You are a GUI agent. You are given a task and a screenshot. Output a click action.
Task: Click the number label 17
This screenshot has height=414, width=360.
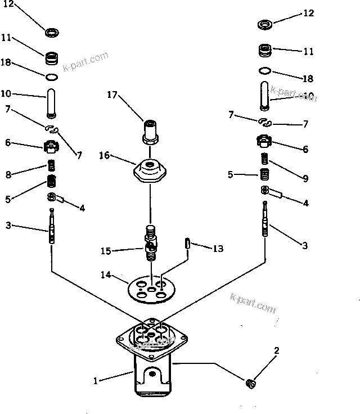pos(112,95)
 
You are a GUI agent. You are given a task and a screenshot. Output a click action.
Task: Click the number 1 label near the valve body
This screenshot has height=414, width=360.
pos(96,381)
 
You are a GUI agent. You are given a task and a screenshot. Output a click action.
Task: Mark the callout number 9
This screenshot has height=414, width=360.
pos(305,179)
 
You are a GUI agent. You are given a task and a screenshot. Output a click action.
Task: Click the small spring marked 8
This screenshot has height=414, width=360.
pos(52,166)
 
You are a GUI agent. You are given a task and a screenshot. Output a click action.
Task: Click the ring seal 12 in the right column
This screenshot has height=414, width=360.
pos(265,25)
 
